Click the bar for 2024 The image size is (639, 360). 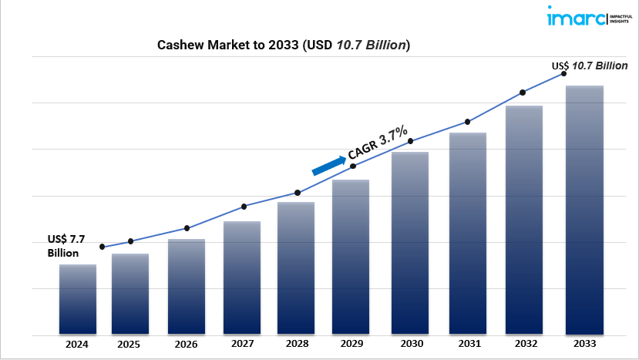(78, 300)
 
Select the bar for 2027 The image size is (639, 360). (242, 278)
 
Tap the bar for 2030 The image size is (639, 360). (410, 244)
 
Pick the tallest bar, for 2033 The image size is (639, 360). (584, 210)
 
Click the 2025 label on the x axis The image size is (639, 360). (129, 345)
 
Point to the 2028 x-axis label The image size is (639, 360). (297, 344)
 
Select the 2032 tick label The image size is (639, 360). (526, 344)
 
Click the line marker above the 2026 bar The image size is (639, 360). (187, 228)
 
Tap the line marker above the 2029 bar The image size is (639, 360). (353, 166)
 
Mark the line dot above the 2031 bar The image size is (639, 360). (467, 122)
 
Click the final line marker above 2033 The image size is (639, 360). (563, 74)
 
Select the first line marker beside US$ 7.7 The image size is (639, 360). (103, 247)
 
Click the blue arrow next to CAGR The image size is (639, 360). (329, 166)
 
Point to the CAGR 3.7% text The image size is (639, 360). (378, 143)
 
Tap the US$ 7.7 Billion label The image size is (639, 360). (66, 246)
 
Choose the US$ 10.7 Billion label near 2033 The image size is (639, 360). (589, 66)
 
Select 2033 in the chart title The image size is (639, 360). (283, 45)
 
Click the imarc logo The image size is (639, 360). (577, 17)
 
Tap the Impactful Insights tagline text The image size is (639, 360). (621, 19)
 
